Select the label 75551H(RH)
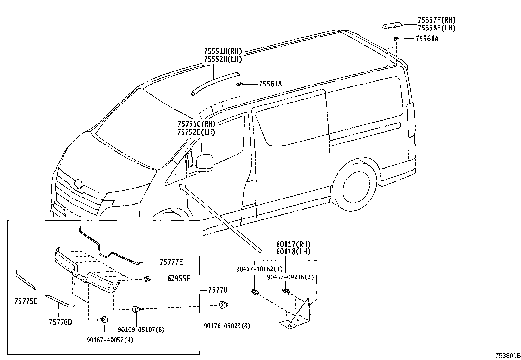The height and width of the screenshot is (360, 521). click(223, 51)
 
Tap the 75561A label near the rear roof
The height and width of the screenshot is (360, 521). click(427, 39)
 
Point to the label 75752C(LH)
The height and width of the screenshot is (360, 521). click(196, 132)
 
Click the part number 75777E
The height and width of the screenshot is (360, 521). click(171, 262)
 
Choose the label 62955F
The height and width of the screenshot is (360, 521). click(178, 279)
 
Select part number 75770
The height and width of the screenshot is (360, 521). click(218, 290)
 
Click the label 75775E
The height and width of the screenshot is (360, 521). click(26, 301)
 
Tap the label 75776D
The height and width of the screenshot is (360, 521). click(60, 322)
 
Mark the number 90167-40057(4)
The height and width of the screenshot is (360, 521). click(110, 340)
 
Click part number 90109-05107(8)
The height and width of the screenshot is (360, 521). click(141, 330)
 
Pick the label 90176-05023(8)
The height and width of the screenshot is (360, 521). click(227, 326)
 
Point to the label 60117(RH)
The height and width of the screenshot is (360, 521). click(293, 244)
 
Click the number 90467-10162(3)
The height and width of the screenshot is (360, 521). click(259, 269)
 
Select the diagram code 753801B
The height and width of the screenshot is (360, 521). click(508, 356)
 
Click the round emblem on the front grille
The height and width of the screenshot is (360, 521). click(79, 184)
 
